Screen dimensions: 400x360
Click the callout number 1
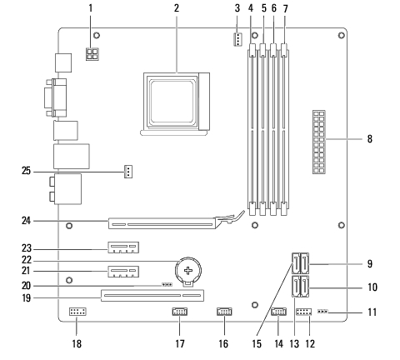click(x=90, y=8)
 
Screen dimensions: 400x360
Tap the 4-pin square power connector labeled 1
click(x=92, y=54)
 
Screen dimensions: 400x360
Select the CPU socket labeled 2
click(x=175, y=104)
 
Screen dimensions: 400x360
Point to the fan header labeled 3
click(x=237, y=39)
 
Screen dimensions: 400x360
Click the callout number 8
click(x=370, y=138)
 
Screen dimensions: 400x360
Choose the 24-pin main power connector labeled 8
click(x=319, y=142)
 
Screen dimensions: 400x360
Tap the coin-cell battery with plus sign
click(x=188, y=271)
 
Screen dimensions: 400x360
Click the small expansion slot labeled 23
click(x=123, y=247)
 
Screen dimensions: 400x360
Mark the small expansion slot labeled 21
click(x=123, y=272)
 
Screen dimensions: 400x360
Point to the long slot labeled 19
click(x=152, y=296)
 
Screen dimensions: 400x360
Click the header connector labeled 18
click(x=77, y=312)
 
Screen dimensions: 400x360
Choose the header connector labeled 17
click(x=179, y=312)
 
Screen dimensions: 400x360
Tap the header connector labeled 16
click(x=224, y=312)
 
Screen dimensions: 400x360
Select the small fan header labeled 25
click(x=127, y=172)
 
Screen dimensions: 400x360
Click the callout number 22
click(x=27, y=260)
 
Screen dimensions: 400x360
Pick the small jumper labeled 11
click(x=322, y=312)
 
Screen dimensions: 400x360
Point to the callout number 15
click(x=257, y=343)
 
